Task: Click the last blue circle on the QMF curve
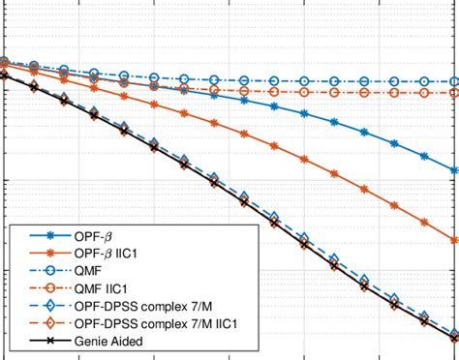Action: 453,82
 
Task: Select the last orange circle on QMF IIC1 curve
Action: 453,93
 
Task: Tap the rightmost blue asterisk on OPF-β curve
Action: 454,170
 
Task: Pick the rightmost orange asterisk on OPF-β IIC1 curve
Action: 454,240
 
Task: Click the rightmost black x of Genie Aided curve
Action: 454,338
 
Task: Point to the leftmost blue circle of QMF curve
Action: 3,61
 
